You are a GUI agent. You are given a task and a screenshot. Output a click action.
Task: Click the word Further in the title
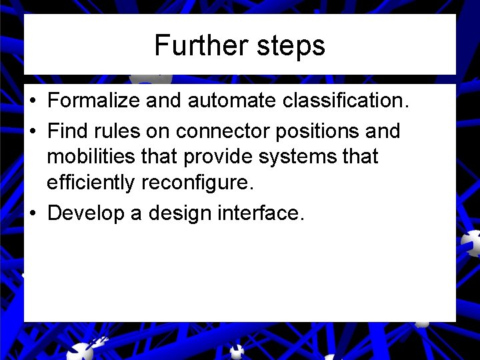tap(194, 45)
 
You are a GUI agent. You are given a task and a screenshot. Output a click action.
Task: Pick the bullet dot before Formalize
tap(32, 101)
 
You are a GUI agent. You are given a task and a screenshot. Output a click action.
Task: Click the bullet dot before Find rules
tap(32, 131)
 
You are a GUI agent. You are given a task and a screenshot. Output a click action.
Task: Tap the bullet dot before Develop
tap(32, 213)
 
